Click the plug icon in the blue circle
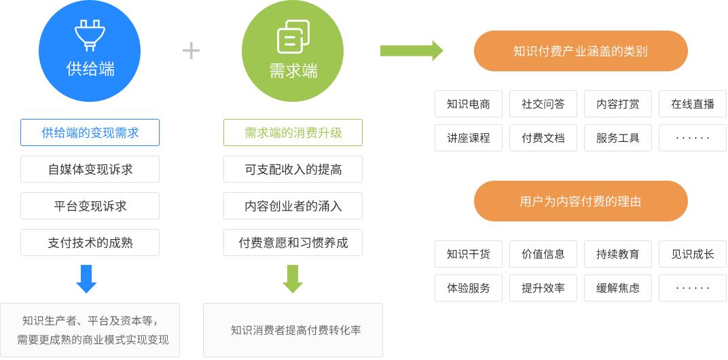click(90, 35)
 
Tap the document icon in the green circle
click(293, 37)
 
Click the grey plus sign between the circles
click(192, 51)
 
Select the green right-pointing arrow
click(412, 50)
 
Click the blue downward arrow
click(86, 278)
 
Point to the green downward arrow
click(293, 278)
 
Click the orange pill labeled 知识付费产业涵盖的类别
click(581, 51)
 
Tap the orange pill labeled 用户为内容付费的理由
click(581, 201)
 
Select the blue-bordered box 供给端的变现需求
click(90, 132)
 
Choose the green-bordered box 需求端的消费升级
click(293, 132)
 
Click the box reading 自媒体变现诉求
click(90, 169)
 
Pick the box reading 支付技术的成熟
click(90, 242)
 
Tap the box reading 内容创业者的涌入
click(293, 206)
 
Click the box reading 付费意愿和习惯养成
click(293, 242)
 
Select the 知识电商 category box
click(469, 104)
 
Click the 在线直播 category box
click(693, 104)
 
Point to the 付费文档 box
click(543, 138)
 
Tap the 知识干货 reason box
click(469, 254)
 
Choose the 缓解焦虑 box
click(618, 288)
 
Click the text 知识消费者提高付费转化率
click(295, 330)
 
